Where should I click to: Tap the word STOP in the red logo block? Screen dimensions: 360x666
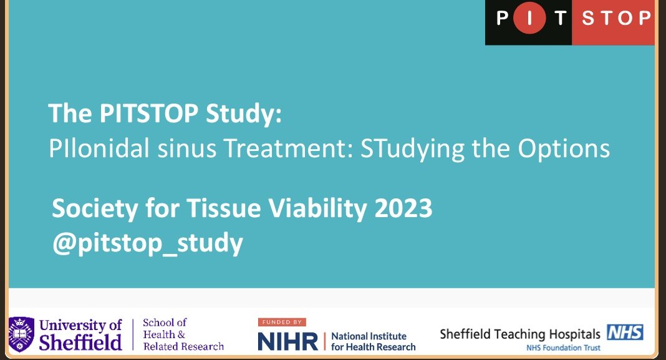point(615,18)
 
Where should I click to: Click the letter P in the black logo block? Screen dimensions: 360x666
point(503,18)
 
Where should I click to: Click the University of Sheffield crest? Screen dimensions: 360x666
point(21,334)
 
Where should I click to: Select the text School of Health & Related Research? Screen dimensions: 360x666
point(183,334)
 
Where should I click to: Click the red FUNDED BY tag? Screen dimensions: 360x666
point(281,322)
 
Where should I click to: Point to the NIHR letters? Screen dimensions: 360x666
point(287,341)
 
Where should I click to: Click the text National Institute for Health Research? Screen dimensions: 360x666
point(373,341)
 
